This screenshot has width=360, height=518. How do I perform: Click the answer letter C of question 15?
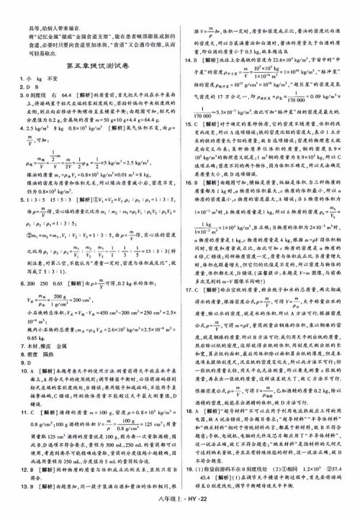pyautogui.click(x=207, y=125)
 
